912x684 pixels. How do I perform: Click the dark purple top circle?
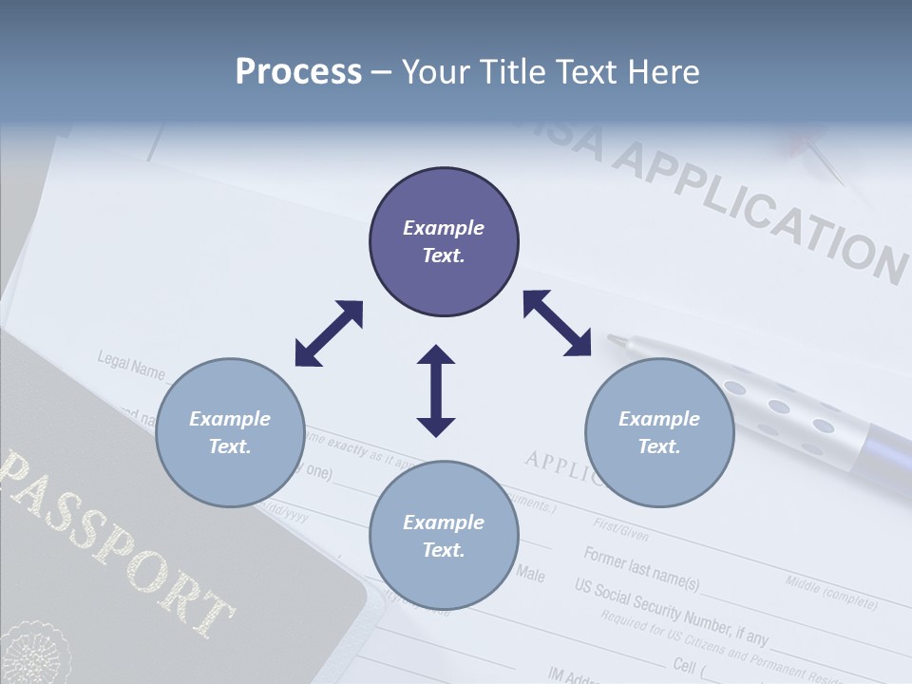tap(444, 242)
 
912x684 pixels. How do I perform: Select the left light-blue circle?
tap(230, 432)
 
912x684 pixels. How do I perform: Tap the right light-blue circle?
tap(659, 432)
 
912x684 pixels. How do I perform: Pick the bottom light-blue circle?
tap(444, 536)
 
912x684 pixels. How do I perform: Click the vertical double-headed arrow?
tap(436, 390)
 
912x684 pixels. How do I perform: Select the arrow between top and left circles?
tap(329, 333)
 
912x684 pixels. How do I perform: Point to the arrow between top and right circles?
tap(557, 323)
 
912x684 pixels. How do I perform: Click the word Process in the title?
tap(298, 72)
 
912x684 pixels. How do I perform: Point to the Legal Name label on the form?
tap(131, 365)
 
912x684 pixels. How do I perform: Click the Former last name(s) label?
tap(641, 568)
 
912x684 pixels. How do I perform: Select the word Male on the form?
tap(530, 574)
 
